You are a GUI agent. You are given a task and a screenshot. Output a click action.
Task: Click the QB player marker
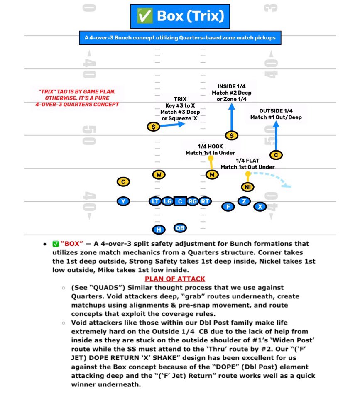pyautogui.click(x=180, y=228)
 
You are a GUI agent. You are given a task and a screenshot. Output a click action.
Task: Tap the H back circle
pyautogui.click(x=158, y=230)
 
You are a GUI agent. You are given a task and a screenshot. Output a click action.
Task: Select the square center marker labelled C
pyautogui.click(x=180, y=201)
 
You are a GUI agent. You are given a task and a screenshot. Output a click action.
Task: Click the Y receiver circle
pyautogui.click(x=123, y=201)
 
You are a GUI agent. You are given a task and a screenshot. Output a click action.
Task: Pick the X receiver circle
pyautogui.click(x=260, y=206)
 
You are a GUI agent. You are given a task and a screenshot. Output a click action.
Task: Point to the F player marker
pyautogui.click(x=228, y=206)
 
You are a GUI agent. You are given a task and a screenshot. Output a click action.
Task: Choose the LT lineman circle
pyautogui.click(x=154, y=201)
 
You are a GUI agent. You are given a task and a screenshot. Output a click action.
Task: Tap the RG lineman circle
pyautogui.click(x=192, y=201)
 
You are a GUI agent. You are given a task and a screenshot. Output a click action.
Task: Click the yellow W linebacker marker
pyautogui.click(x=158, y=174)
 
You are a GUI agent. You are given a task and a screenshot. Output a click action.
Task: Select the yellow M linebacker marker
pyautogui.click(x=212, y=174)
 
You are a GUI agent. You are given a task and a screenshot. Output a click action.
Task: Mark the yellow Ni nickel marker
pyautogui.click(x=247, y=187)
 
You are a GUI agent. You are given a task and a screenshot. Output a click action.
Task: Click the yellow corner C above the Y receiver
pyautogui.click(x=123, y=181)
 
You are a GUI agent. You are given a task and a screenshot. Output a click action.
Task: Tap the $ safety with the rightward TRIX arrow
pyautogui.click(x=153, y=127)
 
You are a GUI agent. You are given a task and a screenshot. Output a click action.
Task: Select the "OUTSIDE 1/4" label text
pyautogui.click(x=276, y=111)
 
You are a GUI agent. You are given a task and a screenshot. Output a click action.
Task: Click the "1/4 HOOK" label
pyautogui.click(x=210, y=147)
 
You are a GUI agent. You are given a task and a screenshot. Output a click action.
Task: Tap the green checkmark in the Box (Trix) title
pyautogui.click(x=145, y=16)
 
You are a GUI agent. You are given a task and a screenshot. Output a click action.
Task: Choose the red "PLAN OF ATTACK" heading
pyautogui.click(x=175, y=279)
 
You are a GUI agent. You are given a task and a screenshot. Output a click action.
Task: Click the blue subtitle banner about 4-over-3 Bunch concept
pyautogui.click(x=180, y=38)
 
